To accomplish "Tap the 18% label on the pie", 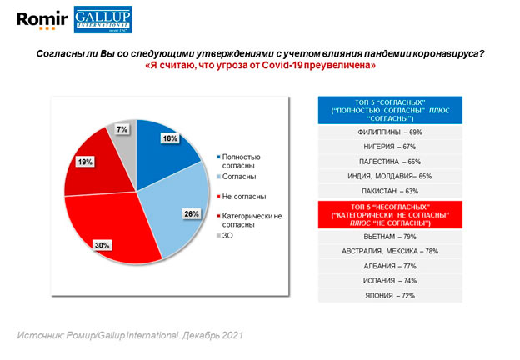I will (170, 137).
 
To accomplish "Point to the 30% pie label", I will (126, 244).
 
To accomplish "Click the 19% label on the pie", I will (85, 162).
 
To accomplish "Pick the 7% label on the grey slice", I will (122, 129).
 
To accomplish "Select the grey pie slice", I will (125, 137).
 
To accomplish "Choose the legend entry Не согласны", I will (243, 195).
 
